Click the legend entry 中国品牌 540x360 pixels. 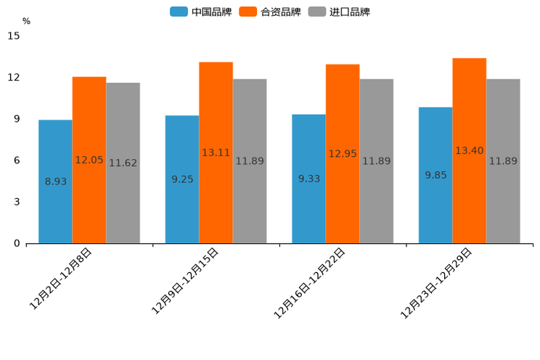(x=201, y=12)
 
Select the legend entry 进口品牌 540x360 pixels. (x=340, y=12)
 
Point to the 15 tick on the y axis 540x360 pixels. (x=14, y=36)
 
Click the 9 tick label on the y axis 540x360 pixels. (x=17, y=119)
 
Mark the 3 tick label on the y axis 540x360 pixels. (x=17, y=202)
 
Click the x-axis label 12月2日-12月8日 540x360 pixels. (x=61, y=279)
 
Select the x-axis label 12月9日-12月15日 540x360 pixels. (x=185, y=281)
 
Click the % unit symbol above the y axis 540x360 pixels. (x=26, y=21)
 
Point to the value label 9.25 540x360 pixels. (x=182, y=179)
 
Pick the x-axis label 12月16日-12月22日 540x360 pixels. (x=310, y=283)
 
